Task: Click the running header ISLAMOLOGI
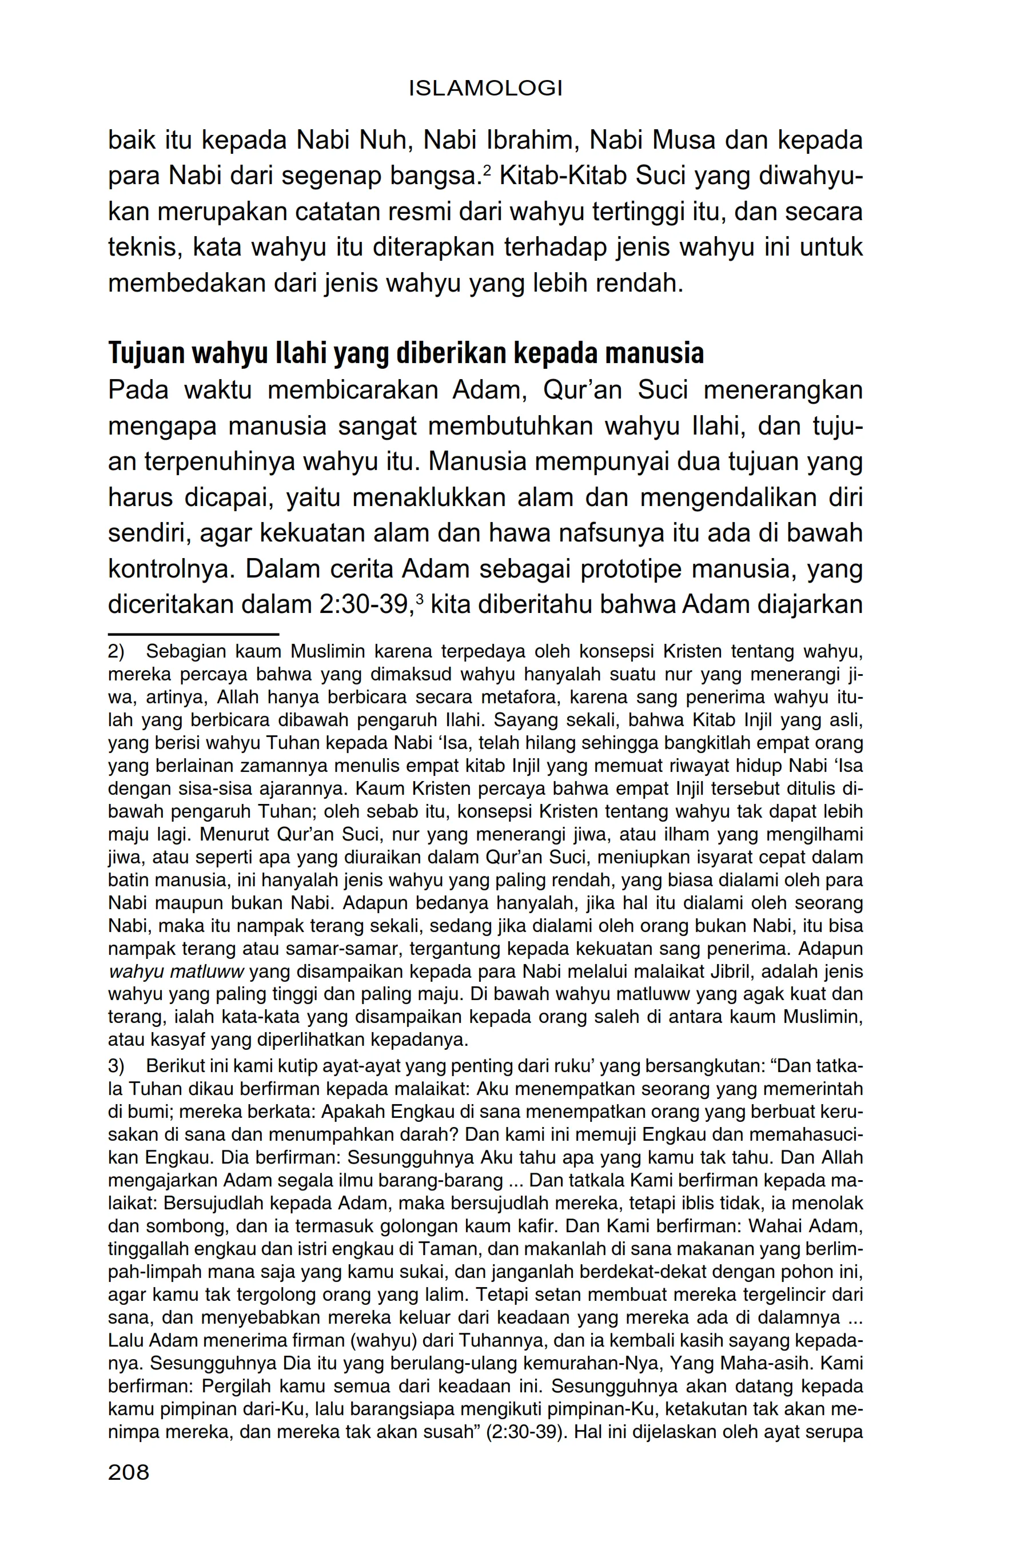tap(485, 89)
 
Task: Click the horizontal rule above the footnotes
tap(193, 634)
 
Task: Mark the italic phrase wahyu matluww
tap(176, 971)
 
